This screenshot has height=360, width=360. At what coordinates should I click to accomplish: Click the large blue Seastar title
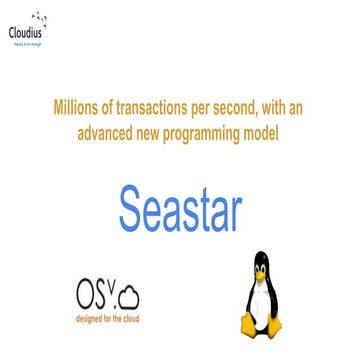click(x=180, y=205)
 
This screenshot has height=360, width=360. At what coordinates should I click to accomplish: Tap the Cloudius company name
click(x=27, y=31)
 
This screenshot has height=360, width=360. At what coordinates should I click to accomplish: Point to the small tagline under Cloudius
click(x=28, y=41)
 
